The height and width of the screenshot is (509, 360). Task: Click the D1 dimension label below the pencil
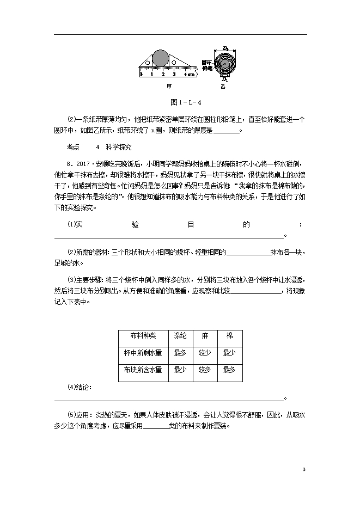click(x=225, y=79)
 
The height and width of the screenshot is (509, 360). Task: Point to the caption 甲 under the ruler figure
click(x=169, y=86)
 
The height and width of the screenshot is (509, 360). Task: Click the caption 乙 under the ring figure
click(x=222, y=86)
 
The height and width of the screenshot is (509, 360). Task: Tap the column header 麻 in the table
click(x=205, y=336)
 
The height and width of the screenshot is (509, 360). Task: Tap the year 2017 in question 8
click(x=83, y=163)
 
